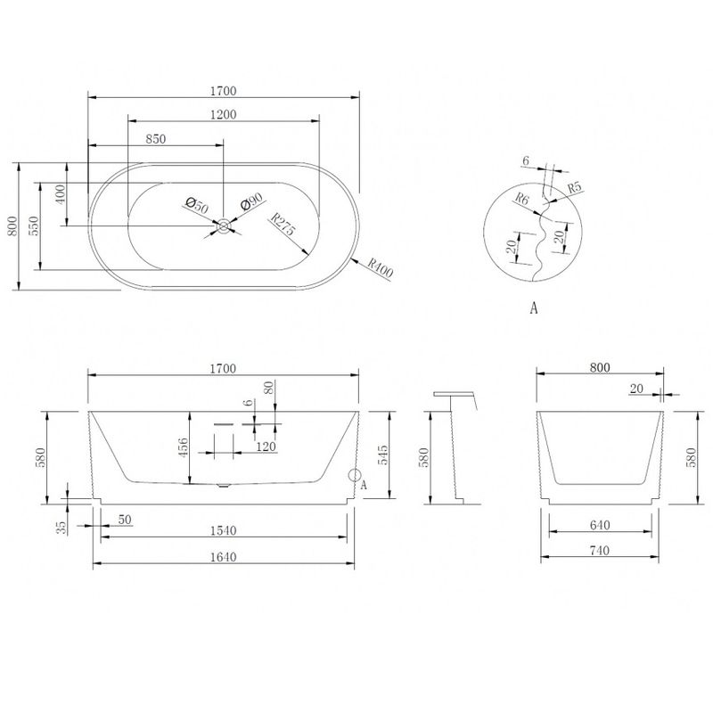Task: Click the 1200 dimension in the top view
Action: coord(224,114)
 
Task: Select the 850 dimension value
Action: coord(155,138)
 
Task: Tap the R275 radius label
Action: coord(283,224)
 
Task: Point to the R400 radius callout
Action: coord(381,268)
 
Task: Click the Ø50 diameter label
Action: coord(197,205)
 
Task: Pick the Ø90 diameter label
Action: coord(251,201)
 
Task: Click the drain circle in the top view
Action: coord(224,225)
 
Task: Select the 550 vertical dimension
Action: coord(34,226)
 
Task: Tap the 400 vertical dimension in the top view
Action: coord(61,194)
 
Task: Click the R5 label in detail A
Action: coord(575,186)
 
